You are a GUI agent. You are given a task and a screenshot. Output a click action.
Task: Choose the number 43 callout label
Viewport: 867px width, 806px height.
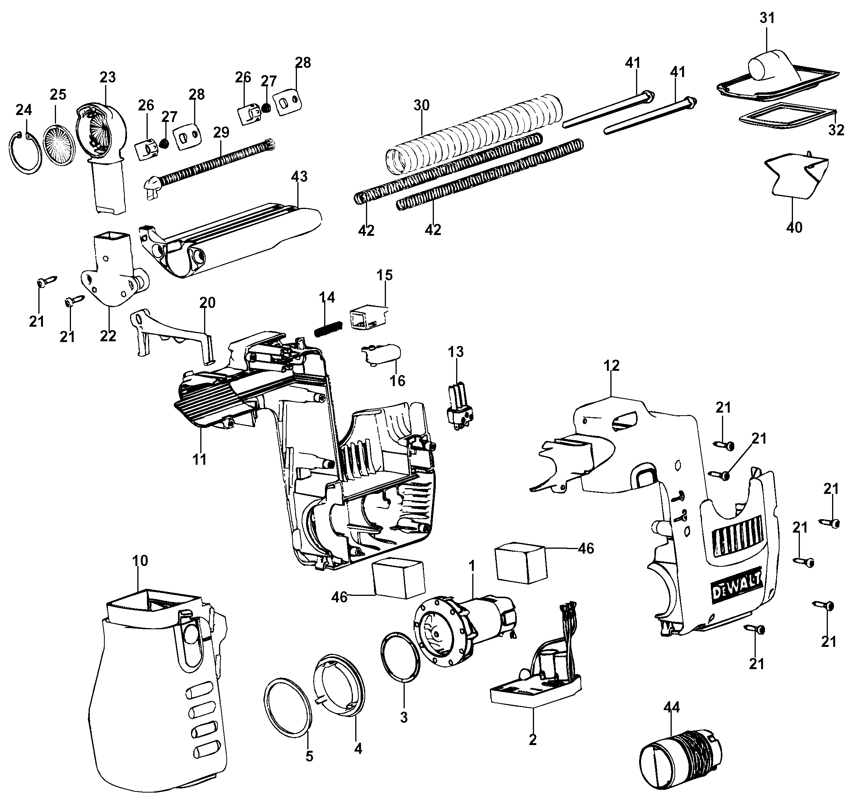point(299,176)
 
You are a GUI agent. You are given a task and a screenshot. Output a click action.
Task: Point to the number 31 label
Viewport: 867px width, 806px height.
point(767,18)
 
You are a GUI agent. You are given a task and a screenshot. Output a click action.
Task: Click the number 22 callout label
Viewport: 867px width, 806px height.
point(108,336)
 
